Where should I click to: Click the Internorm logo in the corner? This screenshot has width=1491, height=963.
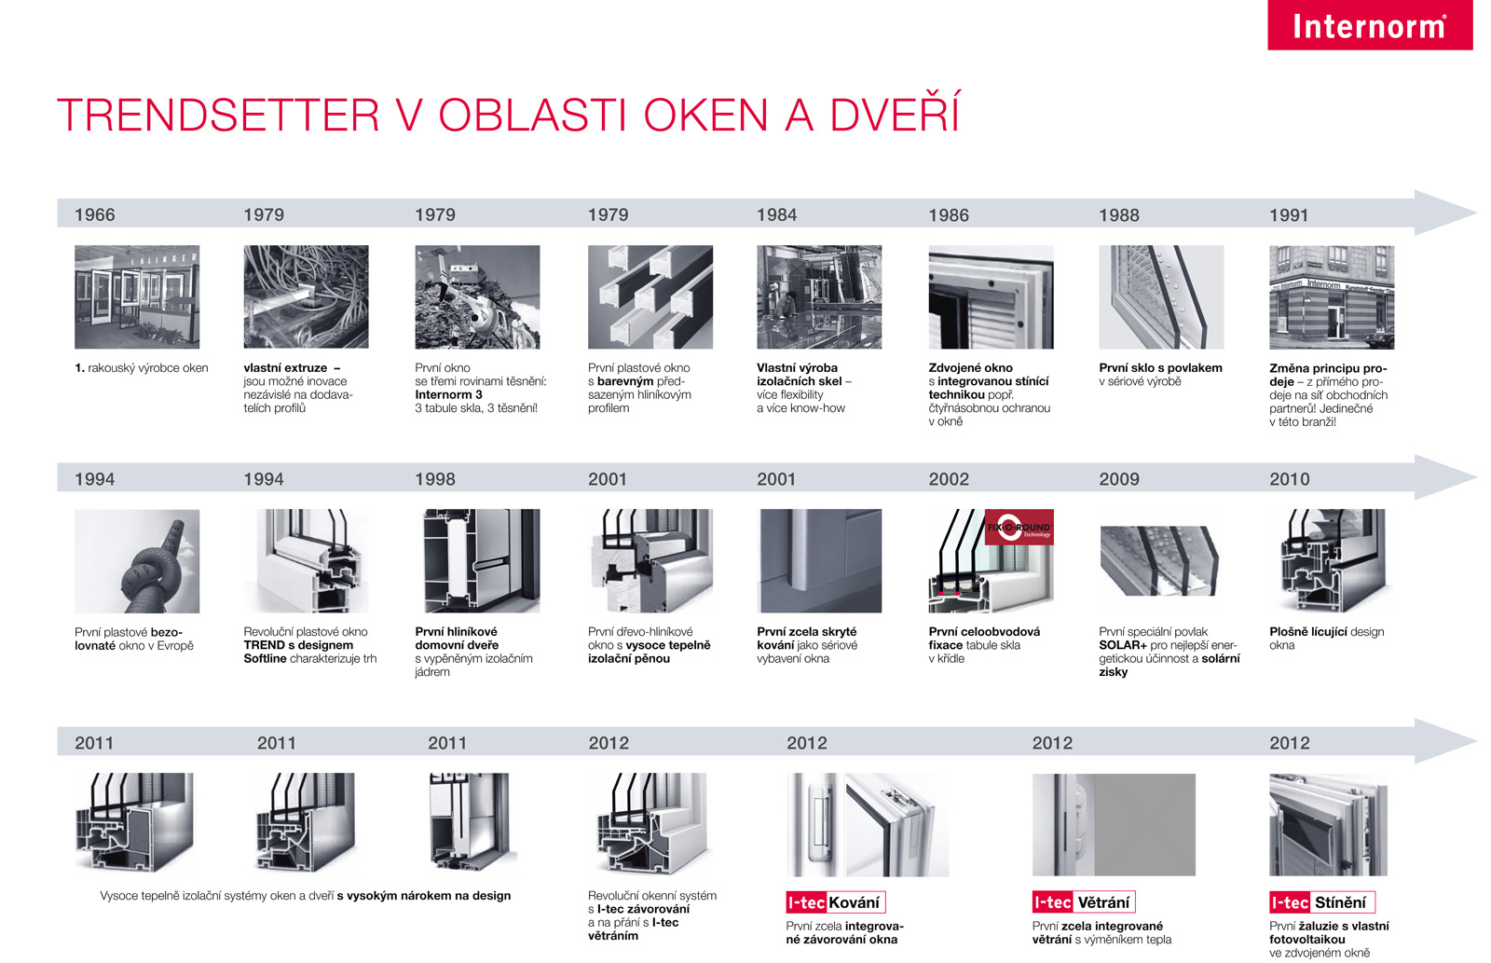(1370, 24)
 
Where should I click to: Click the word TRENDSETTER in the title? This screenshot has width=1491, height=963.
(218, 115)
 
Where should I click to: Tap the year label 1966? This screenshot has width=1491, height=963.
(94, 214)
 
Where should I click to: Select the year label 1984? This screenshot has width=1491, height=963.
(777, 214)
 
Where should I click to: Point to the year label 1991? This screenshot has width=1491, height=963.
(1289, 215)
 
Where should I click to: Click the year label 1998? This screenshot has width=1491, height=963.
(435, 479)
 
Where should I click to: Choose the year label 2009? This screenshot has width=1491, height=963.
(1119, 479)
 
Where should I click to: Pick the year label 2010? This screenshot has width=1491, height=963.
(1290, 479)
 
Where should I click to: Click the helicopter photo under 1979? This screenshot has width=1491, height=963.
(477, 297)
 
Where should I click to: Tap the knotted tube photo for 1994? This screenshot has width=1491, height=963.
(137, 561)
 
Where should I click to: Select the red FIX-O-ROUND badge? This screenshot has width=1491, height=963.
(1019, 527)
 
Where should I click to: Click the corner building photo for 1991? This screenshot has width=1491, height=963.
(1332, 297)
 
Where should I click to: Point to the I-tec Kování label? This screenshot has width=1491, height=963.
(835, 902)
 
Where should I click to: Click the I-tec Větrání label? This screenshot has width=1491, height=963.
(1084, 902)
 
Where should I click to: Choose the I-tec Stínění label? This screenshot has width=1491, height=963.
(1322, 902)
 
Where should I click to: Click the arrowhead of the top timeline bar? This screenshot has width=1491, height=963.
(1444, 213)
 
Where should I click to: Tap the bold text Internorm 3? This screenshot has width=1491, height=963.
(448, 394)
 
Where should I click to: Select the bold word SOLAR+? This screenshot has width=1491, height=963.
(1123, 645)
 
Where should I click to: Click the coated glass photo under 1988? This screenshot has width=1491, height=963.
(1161, 297)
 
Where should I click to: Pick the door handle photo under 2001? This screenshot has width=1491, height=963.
(819, 561)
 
